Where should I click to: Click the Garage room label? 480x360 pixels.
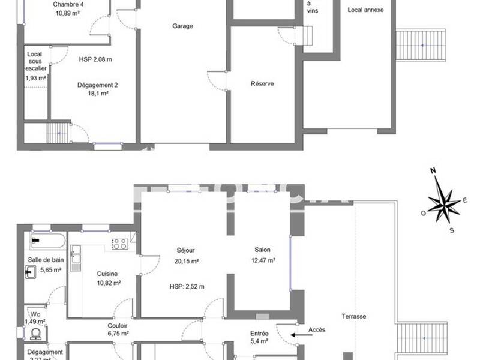pyautogui.click(x=182, y=26)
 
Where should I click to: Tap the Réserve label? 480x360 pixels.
pyautogui.click(x=262, y=83)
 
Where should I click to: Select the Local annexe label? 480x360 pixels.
pyautogui.click(x=365, y=10)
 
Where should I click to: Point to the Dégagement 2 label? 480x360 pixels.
pyautogui.click(x=97, y=85)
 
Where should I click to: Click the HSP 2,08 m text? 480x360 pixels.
pyautogui.click(x=95, y=59)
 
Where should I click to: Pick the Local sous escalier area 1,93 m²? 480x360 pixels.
pyautogui.click(x=36, y=77)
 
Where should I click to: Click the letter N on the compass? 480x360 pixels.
pyautogui.click(x=433, y=171)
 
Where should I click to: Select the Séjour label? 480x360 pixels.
pyautogui.click(x=186, y=250)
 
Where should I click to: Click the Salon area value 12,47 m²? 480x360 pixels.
pyautogui.click(x=263, y=260)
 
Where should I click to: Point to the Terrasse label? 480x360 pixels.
pyautogui.click(x=354, y=316)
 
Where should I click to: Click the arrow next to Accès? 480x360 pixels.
pyautogui.click(x=296, y=335)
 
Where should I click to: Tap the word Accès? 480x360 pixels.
pyautogui.click(x=317, y=329)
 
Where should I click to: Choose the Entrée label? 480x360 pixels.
pyautogui.click(x=260, y=334)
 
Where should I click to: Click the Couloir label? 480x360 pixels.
pyautogui.click(x=109, y=325)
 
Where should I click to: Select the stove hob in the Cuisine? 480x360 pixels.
pyautogui.click(x=119, y=244)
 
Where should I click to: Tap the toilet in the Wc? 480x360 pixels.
pyautogui.click(x=35, y=333)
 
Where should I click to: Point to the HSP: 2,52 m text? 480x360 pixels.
pyautogui.click(x=187, y=286)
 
